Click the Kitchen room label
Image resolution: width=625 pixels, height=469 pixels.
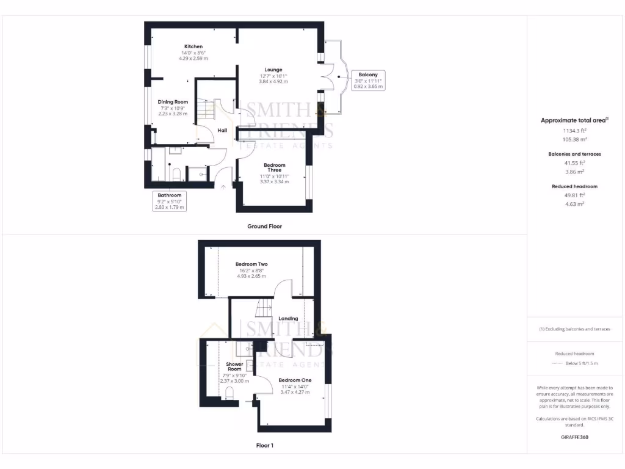[x=193, y=46]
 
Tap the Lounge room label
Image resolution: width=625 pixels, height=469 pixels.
[x=273, y=70]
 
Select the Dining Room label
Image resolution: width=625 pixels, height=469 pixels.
[x=173, y=102]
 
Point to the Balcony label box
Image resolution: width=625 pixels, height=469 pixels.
[x=369, y=80]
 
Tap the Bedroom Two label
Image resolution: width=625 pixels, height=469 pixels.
[x=251, y=264]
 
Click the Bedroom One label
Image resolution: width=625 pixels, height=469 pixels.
[x=295, y=380]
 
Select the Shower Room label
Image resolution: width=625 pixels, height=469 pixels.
[x=235, y=366]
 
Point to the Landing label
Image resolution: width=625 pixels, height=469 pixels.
[x=288, y=318]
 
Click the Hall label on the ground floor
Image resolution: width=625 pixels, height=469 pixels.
[x=222, y=130]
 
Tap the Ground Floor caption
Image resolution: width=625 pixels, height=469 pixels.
[x=264, y=226]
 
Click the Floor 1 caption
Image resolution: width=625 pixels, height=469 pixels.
[x=264, y=445]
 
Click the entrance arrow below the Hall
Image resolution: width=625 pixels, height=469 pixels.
[x=223, y=186]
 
